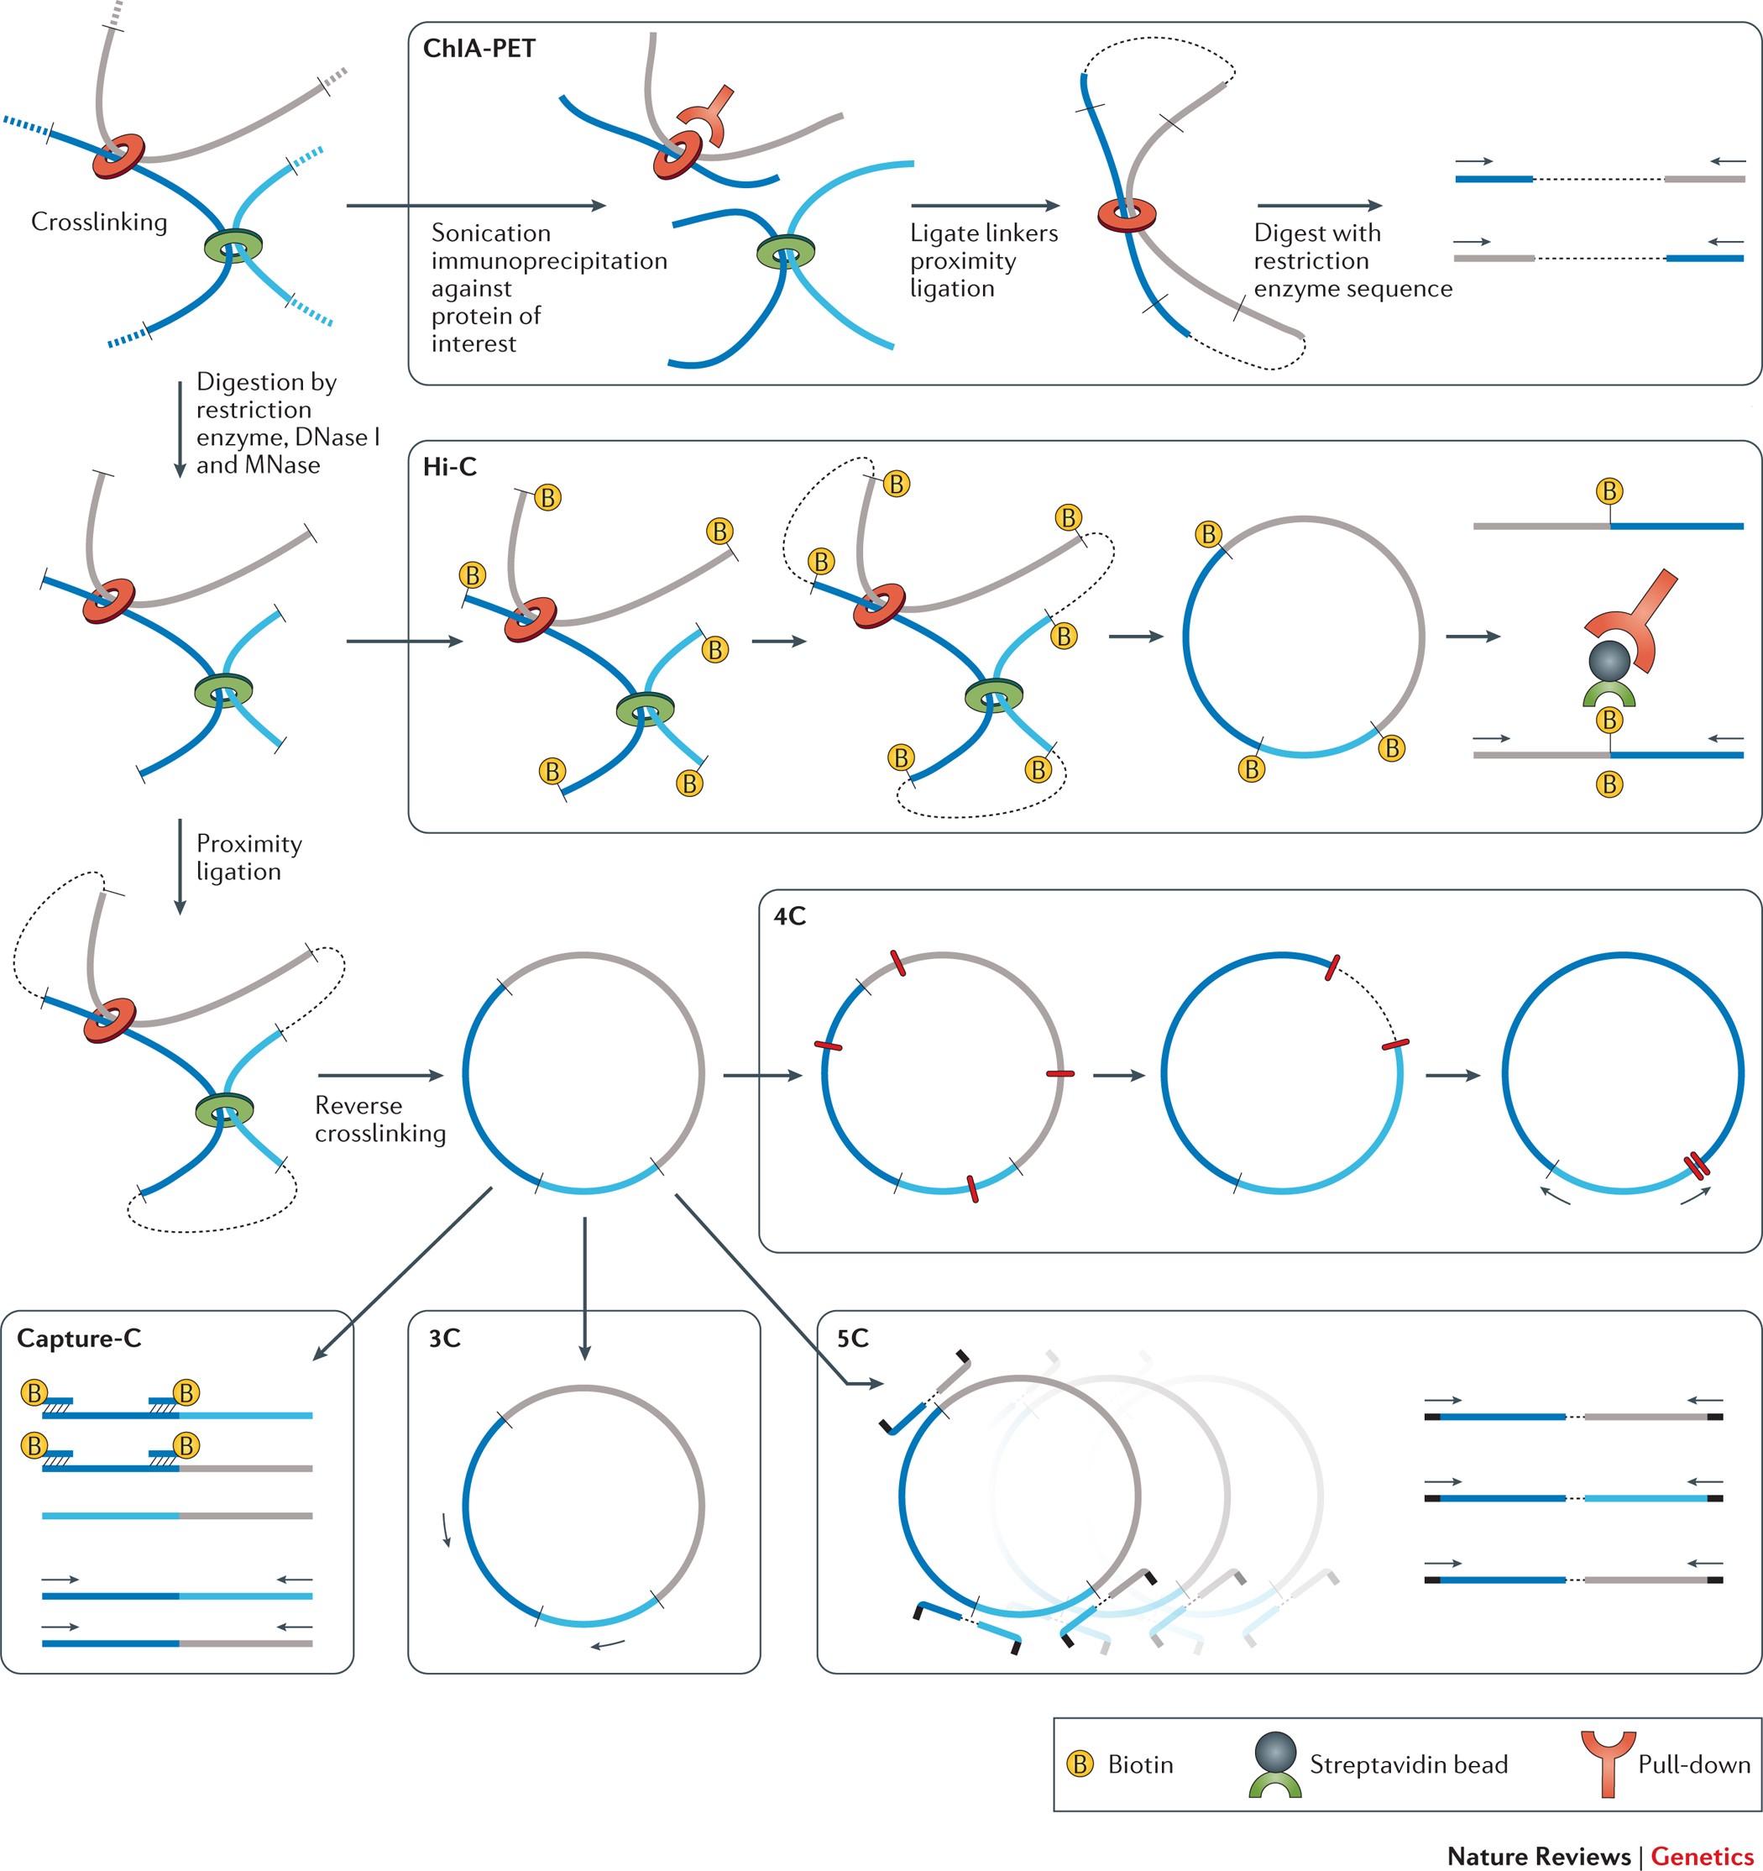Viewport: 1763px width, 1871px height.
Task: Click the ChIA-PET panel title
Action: (x=479, y=48)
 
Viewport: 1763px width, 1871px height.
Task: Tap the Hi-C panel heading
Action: (x=450, y=467)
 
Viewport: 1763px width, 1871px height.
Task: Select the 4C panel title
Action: (x=789, y=915)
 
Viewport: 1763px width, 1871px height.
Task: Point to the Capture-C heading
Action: (x=79, y=1339)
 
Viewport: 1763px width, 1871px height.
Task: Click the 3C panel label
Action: (x=444, y=1339)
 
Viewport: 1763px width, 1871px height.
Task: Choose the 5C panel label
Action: (x=852, y=1339)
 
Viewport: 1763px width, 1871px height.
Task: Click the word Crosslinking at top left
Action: (x=99, y=222)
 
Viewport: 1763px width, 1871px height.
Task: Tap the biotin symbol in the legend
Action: (x=1080, y=1763)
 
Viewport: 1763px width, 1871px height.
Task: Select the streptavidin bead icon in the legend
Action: (x=1274, y=1764)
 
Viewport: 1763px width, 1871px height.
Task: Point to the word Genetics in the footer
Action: (x=1702, y=1855)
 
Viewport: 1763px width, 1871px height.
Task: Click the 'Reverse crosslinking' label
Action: (x=380, y=1119)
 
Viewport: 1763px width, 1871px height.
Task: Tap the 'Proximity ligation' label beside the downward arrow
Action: (x=248, y=857)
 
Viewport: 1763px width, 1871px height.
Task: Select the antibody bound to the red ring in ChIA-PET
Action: (x=707, y=116)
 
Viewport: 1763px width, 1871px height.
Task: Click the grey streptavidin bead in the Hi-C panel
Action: (x=1609, y=660)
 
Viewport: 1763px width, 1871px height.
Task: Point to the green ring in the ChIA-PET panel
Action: (x=786, y=252)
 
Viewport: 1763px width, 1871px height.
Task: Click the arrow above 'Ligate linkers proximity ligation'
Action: (x=985, y=205)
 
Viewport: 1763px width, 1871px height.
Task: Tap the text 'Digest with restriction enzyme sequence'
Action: (x=1352, y=260)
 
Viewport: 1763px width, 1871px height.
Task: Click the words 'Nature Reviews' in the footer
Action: (x=1538, y=1855)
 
